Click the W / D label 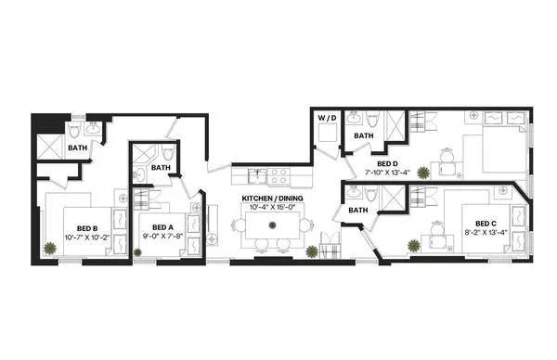tap(327, 119)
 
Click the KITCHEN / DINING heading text tap(274, 198)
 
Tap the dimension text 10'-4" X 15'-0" tap(274, 208)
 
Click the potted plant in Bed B tap(48, 248)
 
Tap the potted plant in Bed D tap(424, 172)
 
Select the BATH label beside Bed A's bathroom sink tap(162, 168)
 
